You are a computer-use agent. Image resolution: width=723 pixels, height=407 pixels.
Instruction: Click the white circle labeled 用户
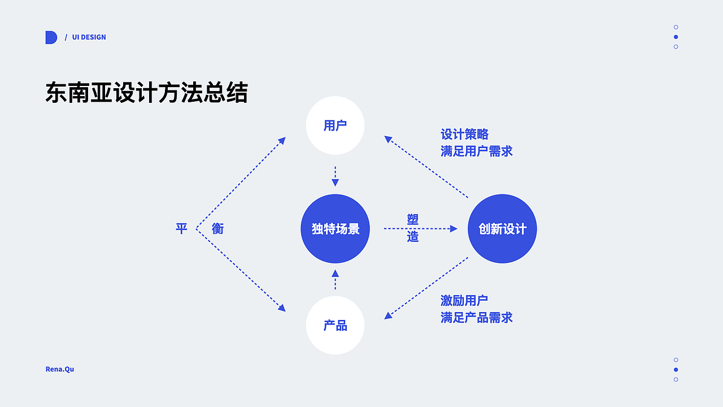(335, 125)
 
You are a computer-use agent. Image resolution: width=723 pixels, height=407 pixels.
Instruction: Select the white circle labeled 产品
(335, 326)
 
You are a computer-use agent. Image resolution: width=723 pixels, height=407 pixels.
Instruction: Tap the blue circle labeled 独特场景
(335, 228)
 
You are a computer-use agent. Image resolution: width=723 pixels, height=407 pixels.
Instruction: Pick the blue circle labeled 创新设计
(502, 228)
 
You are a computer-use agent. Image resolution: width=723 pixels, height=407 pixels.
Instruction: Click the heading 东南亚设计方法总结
(146, 93)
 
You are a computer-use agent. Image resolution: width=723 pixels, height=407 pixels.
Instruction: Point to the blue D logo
(51, 37)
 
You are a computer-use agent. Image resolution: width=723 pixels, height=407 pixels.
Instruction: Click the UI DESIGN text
(89, 37)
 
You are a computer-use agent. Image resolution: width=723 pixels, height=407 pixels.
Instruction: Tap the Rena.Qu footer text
(60, 369)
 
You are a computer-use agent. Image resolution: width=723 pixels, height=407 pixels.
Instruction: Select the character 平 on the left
(181, 228)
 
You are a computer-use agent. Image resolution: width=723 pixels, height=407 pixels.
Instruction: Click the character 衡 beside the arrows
(217, 228)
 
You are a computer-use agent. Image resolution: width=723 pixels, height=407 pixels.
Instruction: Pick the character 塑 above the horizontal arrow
(413, 219)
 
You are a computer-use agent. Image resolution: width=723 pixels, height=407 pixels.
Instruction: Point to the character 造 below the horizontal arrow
(413, 237)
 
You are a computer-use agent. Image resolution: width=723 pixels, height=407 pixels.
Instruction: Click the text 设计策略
(464, 135)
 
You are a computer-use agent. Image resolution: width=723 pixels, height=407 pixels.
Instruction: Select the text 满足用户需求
(476, 151)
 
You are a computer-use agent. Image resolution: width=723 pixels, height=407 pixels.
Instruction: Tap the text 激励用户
(464, 301)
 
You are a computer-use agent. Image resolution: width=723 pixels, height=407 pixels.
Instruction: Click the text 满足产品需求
(476, 318)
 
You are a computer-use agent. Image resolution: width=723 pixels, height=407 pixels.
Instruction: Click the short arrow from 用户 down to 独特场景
(335, 176)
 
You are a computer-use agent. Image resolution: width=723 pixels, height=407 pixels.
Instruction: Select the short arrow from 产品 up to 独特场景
(335, 279)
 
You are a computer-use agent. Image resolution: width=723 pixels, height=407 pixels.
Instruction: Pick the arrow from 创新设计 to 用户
(426, 167)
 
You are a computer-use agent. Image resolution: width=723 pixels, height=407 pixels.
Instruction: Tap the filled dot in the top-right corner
(676, 37)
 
